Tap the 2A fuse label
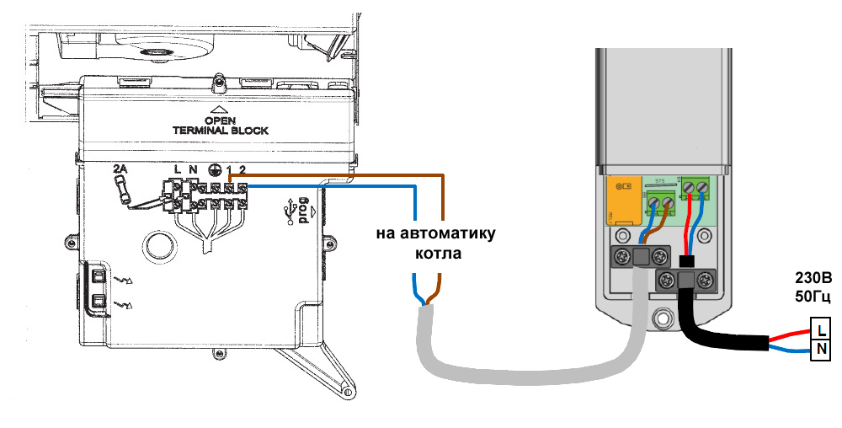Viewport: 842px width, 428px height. [120, 169]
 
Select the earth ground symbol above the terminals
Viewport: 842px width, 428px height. [215, 169]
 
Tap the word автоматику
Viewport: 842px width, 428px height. [437, 233]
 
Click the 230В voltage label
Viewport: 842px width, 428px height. [813, 278]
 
